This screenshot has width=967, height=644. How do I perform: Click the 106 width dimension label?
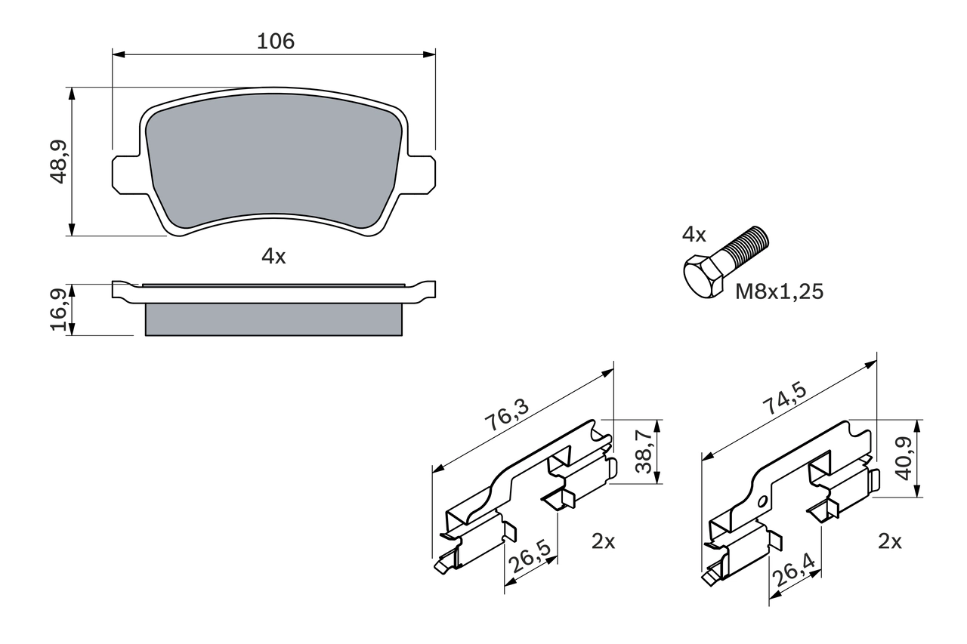[x=275, y=42]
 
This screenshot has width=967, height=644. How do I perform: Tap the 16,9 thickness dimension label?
[x=59, y=310]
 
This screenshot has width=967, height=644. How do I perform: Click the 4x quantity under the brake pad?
[x=273, y=257]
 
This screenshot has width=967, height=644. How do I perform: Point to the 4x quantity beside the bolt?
[x=694, y=235]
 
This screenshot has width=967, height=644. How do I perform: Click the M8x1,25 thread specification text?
[x=780, y=291]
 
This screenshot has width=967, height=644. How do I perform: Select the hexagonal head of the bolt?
[x=702, y=279]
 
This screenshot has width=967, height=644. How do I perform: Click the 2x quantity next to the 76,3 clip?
[x=603, y=541]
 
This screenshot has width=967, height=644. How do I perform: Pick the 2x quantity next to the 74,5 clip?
[x=890, y=541]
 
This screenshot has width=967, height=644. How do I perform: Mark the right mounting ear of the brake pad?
[x=422, y=171]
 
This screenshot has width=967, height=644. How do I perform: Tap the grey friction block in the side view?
[x=273, y=320]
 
